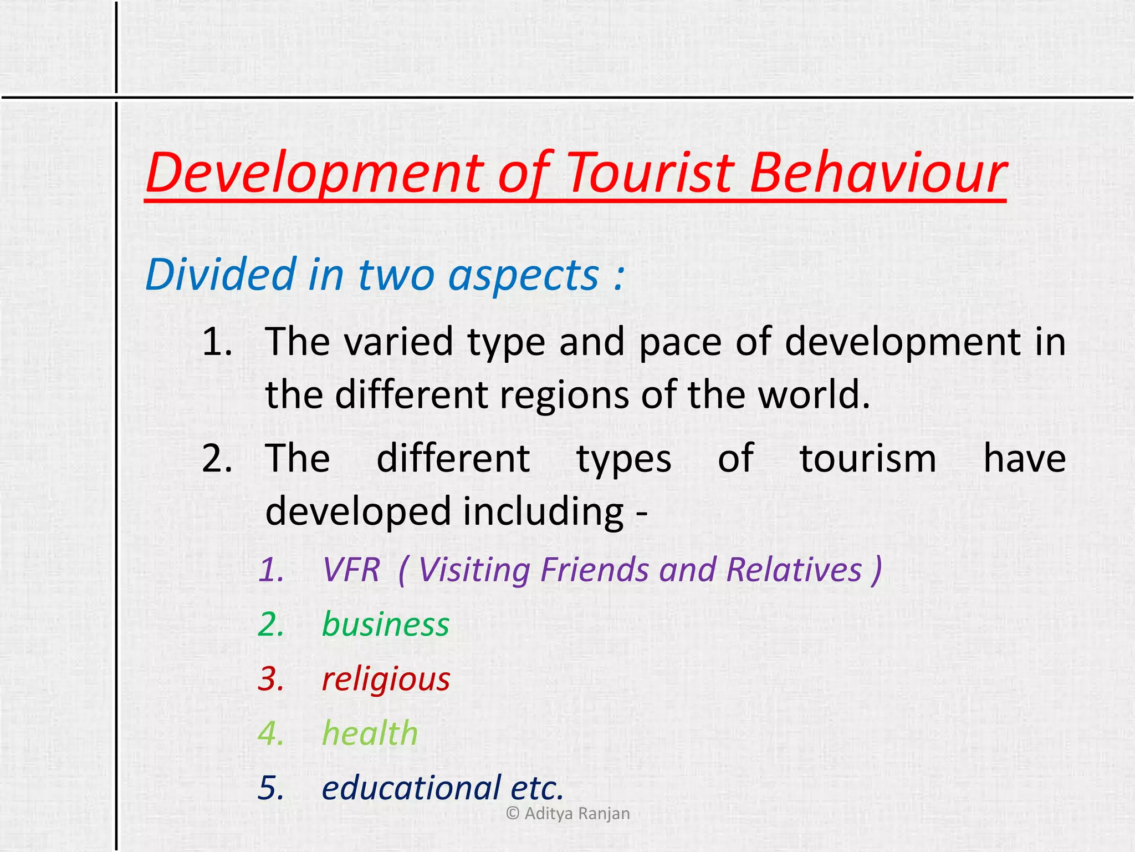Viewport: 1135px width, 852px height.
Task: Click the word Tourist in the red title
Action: (651, 173)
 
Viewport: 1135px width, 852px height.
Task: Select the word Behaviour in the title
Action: (878, 173)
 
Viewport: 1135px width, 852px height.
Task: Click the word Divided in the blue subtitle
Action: (221, 274)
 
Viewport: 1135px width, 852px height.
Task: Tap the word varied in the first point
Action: (398, 342)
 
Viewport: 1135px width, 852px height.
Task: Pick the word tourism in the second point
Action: (868, 459)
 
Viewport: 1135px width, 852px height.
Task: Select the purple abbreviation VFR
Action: (351, 570)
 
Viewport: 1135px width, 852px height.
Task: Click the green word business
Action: (385, 625)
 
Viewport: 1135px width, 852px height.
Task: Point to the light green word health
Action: (370, 733)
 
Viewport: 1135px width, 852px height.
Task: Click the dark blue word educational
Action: (411, 788)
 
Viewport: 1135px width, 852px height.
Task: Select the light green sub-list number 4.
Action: (271, 733)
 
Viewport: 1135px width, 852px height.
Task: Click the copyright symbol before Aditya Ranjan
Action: (513, 813)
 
